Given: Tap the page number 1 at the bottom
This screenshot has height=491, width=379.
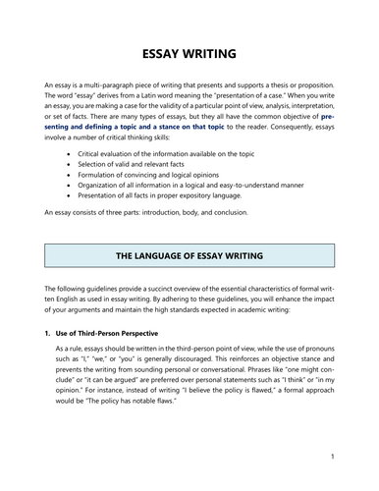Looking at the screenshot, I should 334,457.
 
